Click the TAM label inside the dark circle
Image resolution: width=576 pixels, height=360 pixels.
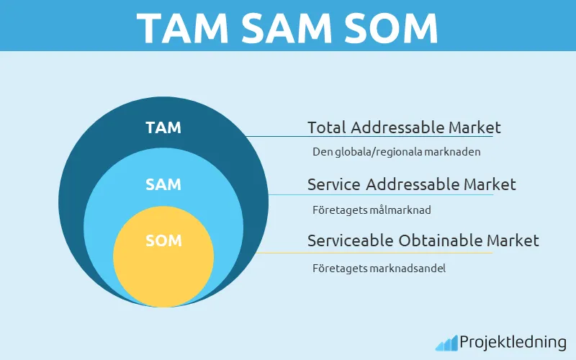coord(163,128)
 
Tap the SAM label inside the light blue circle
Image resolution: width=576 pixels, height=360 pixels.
coord(163,184)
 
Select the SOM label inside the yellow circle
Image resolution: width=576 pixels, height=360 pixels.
coord(163,240)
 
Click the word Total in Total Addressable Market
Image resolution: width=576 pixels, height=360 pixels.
coord(327,128)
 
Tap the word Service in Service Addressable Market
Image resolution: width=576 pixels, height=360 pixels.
coord(333,184)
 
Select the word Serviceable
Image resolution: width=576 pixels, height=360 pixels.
coord(351,240)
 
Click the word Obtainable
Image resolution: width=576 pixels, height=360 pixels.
coord(441,240)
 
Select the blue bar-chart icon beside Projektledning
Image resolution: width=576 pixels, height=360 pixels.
coord(446,343)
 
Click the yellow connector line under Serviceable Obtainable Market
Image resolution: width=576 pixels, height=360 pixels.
coord(374,253)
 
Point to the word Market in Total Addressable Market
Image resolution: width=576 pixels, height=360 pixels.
coord(474,128)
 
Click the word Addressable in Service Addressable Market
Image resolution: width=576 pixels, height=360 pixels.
coord(412,184)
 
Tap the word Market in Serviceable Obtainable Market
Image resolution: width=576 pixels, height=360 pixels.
coord(513,240)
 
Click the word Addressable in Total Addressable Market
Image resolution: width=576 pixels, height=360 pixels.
coord(397,128)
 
